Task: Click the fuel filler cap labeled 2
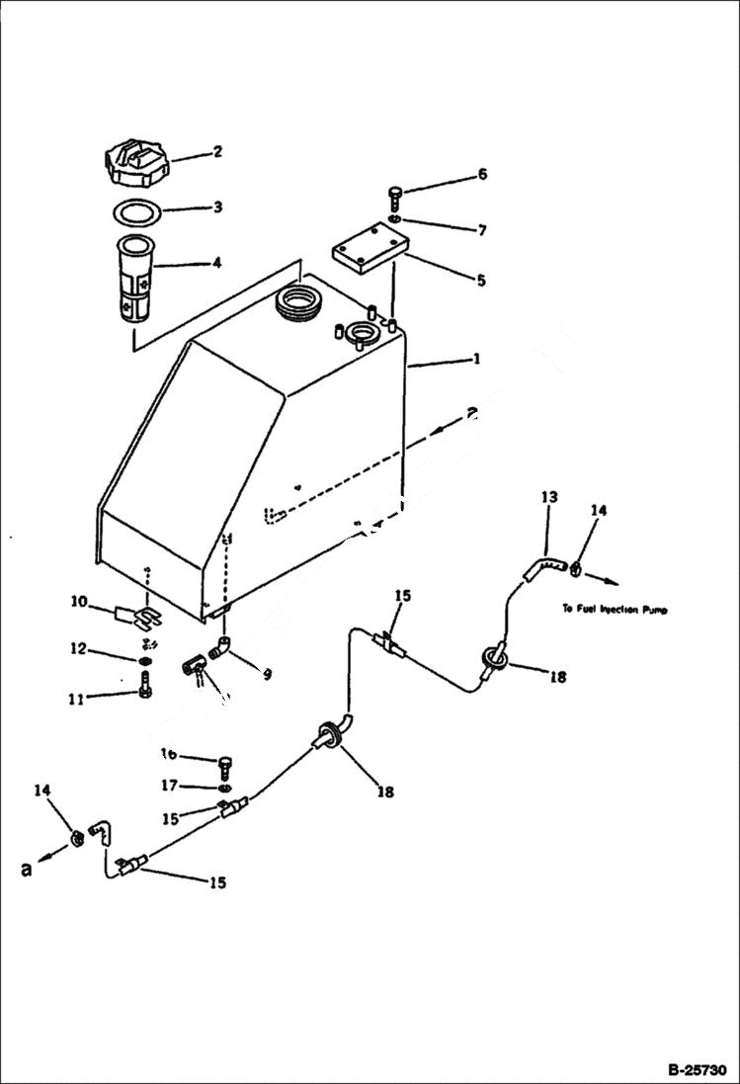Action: pos(135,163)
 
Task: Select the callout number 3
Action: pos(216,208)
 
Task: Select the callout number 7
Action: pos(481,230)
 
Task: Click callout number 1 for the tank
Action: pos(476,360)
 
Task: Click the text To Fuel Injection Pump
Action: pos(614,610)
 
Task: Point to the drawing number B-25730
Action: pos(697,1069)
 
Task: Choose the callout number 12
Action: pos(78,649)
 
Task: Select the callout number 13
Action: pos(549,496)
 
